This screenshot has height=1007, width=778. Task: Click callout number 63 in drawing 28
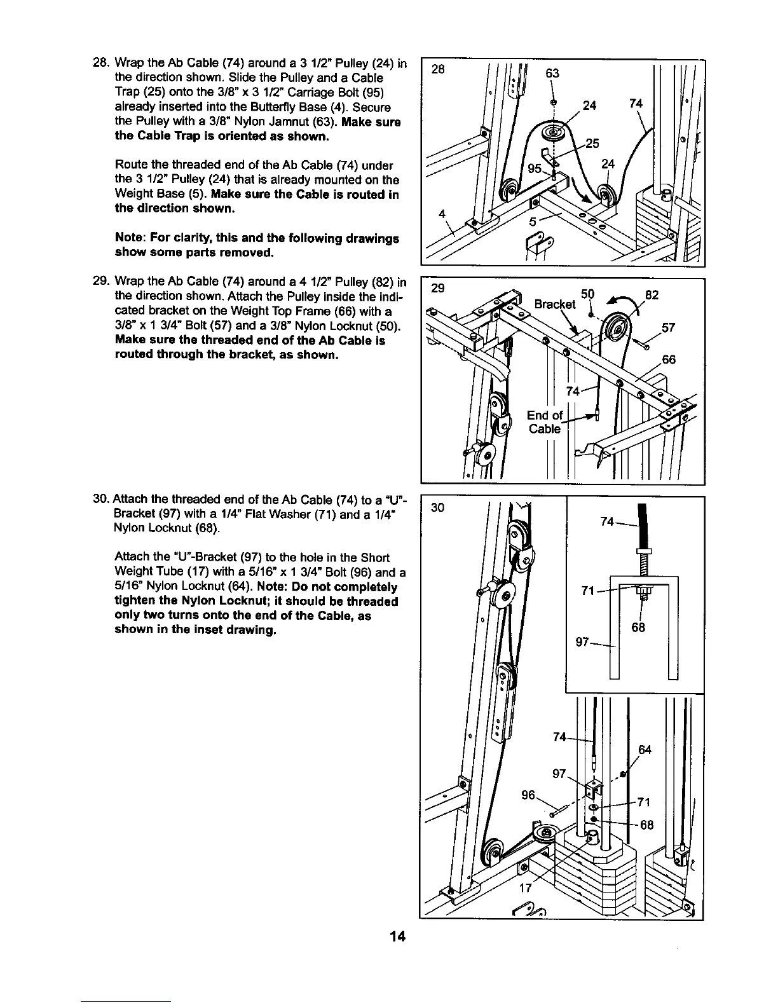coord(552,74)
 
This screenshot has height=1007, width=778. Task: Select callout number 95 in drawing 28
coord(535,170)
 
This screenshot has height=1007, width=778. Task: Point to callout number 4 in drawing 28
coord(442,214)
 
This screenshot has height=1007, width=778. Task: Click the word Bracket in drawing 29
coord(554,304)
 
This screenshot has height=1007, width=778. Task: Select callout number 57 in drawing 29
coord(668,328)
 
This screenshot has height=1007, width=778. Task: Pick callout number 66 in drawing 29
coord(669,360)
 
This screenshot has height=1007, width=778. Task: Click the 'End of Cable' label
coord(545,421)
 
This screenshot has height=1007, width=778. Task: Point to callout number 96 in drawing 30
coord(529,795)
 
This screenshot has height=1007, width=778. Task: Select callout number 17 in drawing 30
coord(525,889)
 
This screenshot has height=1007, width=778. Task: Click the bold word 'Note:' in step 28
coord(131,238)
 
